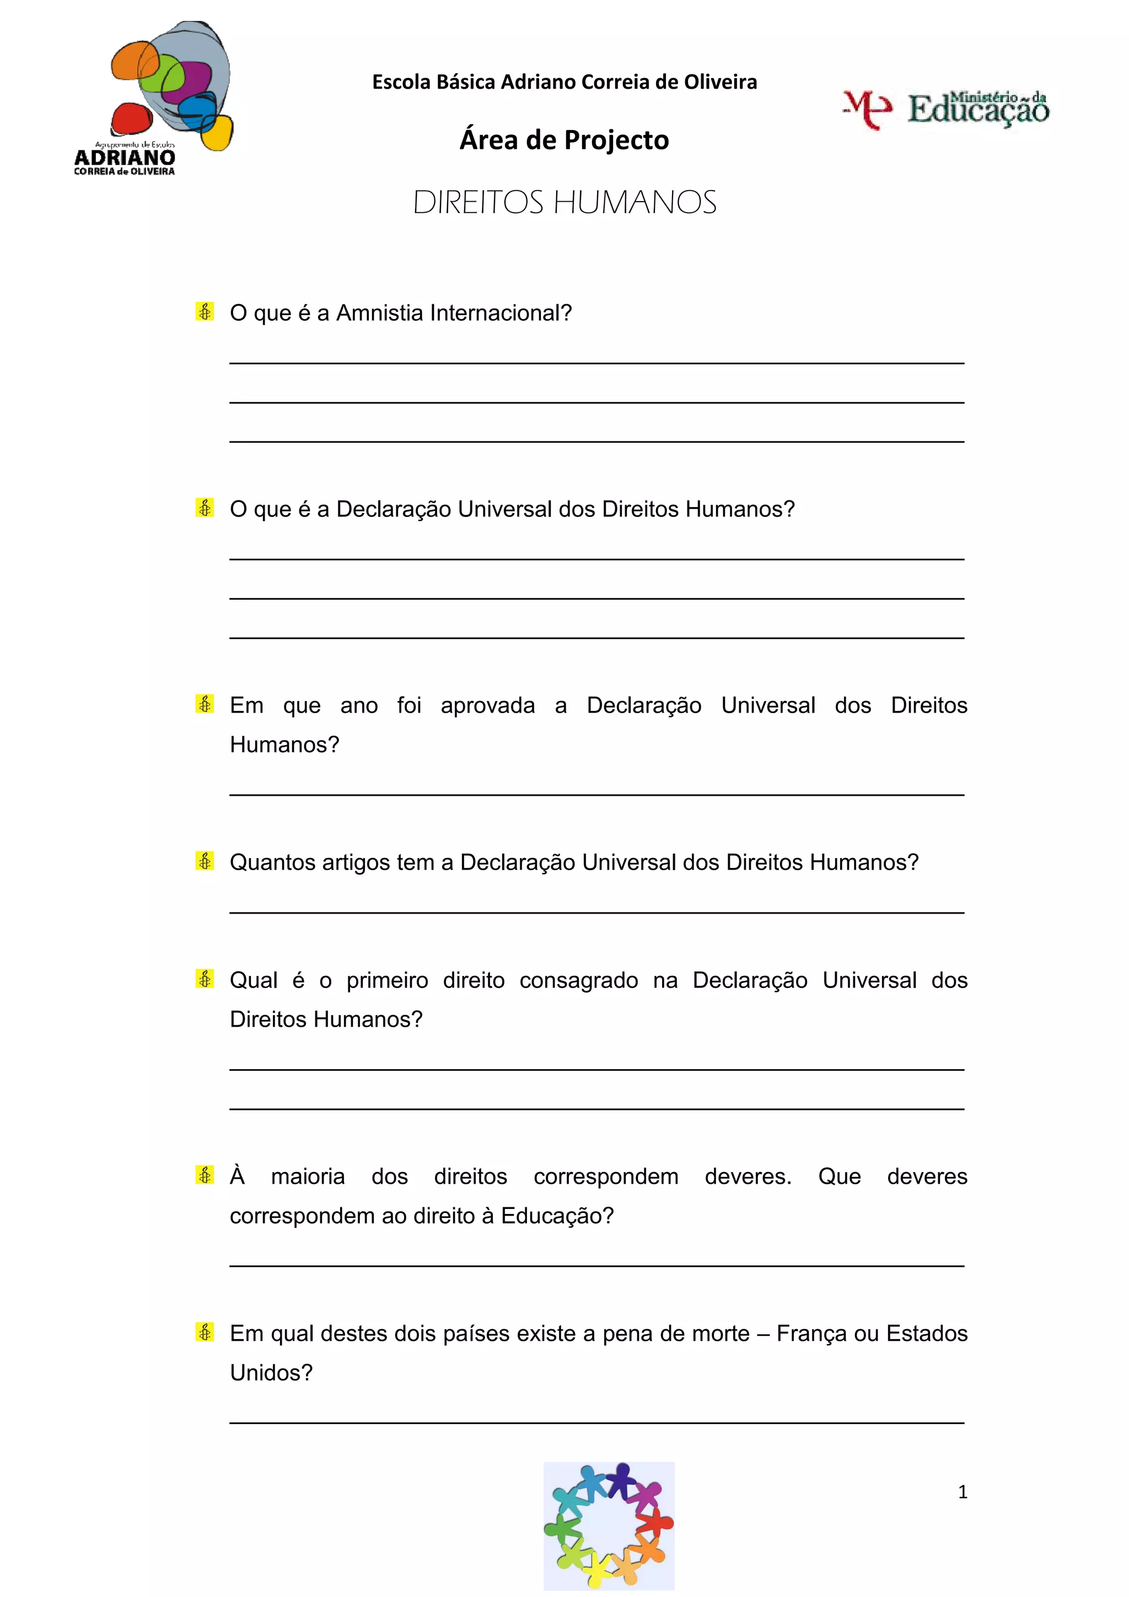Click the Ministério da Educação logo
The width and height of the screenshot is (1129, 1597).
click(x=946, y=109)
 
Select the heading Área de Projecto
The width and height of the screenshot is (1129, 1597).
click(x=564, y=140)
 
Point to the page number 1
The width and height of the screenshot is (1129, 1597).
click(x=962, y=1491)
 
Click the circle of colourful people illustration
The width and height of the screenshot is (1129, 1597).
click(x=609, y=1525)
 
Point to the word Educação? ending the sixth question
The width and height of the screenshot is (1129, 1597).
click(x=557, y=1215)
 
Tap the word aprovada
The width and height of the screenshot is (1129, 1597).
click(x=488, y=705)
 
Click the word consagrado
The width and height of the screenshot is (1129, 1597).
click(x=579, y=980)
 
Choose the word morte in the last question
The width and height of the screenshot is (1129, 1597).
click(x=719, y=1334)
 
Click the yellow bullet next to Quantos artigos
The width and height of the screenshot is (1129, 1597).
click(x=205, y=861)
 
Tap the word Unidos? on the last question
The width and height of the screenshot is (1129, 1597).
click(x=271, y=1372)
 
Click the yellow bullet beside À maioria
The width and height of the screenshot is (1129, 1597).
click(x=205, y=1175)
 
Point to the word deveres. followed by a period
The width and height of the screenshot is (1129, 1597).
click(x=748, y=1176)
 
